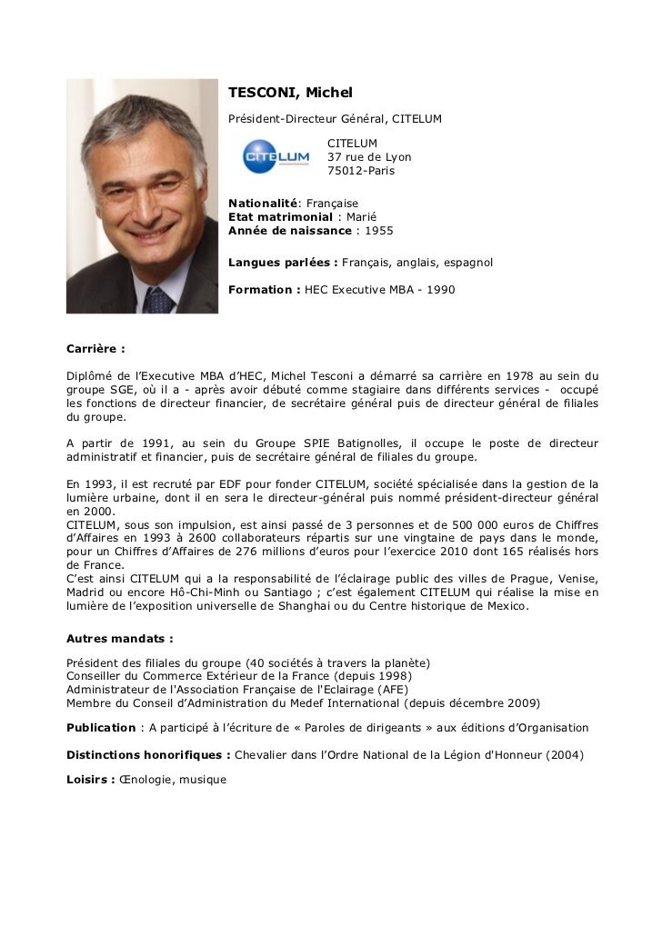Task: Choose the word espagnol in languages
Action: (467, 262)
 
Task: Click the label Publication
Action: (101, 728)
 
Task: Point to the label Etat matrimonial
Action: (279, 217)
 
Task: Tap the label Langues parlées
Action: (282, 262)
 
